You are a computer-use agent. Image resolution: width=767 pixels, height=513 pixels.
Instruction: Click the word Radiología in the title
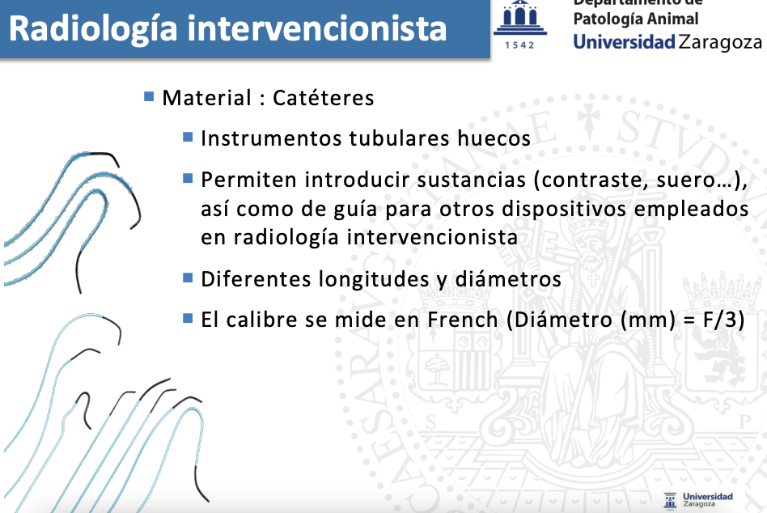click(93, 29)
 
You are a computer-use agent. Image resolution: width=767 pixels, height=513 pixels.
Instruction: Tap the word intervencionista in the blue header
click(317, 28)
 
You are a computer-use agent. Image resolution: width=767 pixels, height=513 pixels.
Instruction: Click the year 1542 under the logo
click(519, 45)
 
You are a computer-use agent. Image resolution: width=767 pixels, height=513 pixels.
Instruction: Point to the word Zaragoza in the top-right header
click(720, 43)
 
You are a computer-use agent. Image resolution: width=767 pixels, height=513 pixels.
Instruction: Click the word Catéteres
click(324, 98)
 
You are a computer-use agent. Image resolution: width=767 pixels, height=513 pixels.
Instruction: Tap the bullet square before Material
click(149, 96)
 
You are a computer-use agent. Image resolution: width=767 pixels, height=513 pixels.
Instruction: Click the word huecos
click(494, 138)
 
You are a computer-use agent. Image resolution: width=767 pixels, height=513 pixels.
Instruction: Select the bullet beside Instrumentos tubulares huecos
click(188, 137)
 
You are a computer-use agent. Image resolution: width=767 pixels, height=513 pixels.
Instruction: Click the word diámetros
click(508, 279)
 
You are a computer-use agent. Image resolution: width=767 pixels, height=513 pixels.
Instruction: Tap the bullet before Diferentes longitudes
click(188, 278)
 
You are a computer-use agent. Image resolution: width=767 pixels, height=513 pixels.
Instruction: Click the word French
click(463, 320)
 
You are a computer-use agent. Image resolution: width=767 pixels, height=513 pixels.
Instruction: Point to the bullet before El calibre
click(188, 318)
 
